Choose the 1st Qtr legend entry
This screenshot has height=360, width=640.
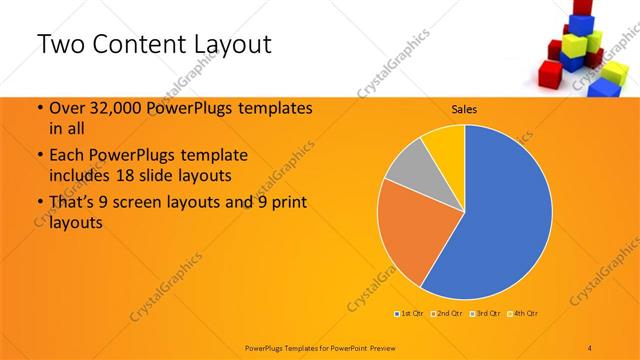(409, 314)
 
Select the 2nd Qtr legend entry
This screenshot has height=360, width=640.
(446, 314)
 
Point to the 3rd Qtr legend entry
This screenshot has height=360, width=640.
(484, 314)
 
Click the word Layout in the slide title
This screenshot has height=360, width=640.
(225, 45)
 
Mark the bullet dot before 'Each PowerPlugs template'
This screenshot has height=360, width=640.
(39, 156)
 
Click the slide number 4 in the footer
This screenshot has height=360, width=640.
(590, 346)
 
